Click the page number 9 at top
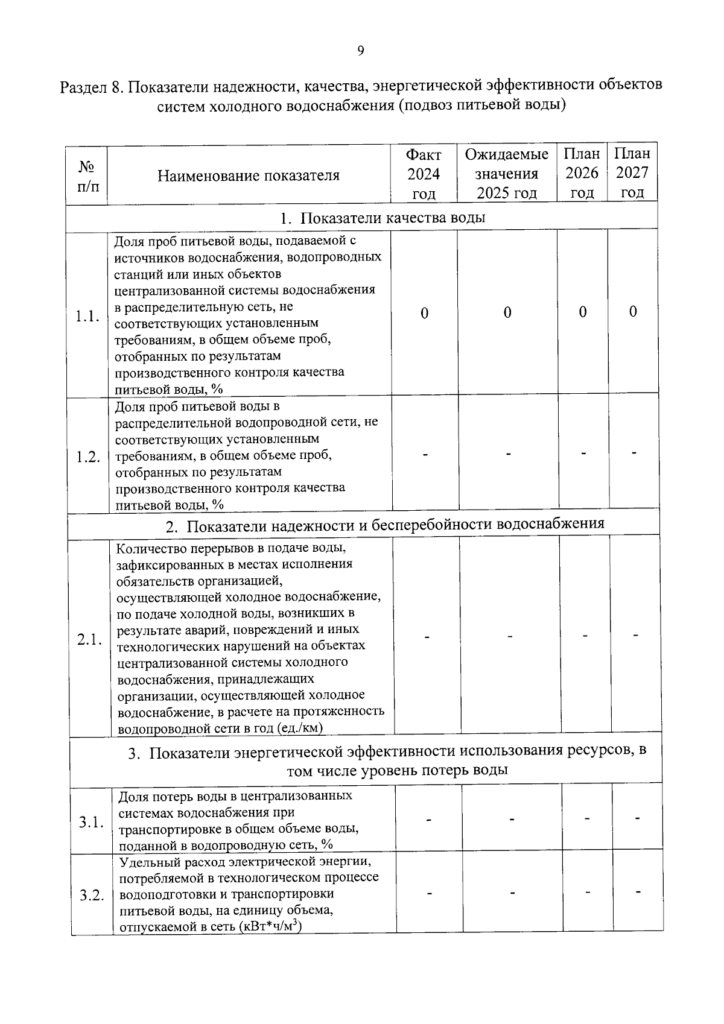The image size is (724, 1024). [360, 51]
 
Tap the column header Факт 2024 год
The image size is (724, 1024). [424, 174]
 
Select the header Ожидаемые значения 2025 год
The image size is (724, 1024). [507, 174]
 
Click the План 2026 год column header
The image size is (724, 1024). [582, 173]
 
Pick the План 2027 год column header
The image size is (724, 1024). [632, 173]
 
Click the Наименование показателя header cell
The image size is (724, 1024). [249, 175]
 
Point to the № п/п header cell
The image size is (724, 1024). [87, 175]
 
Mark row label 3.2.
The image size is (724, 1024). [92, 895]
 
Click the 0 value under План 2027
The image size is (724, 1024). [632, 312]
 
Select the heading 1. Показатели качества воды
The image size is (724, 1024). [383, 218]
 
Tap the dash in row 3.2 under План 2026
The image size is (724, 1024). [587, 892]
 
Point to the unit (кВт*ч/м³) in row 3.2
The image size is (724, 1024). [270, 927]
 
